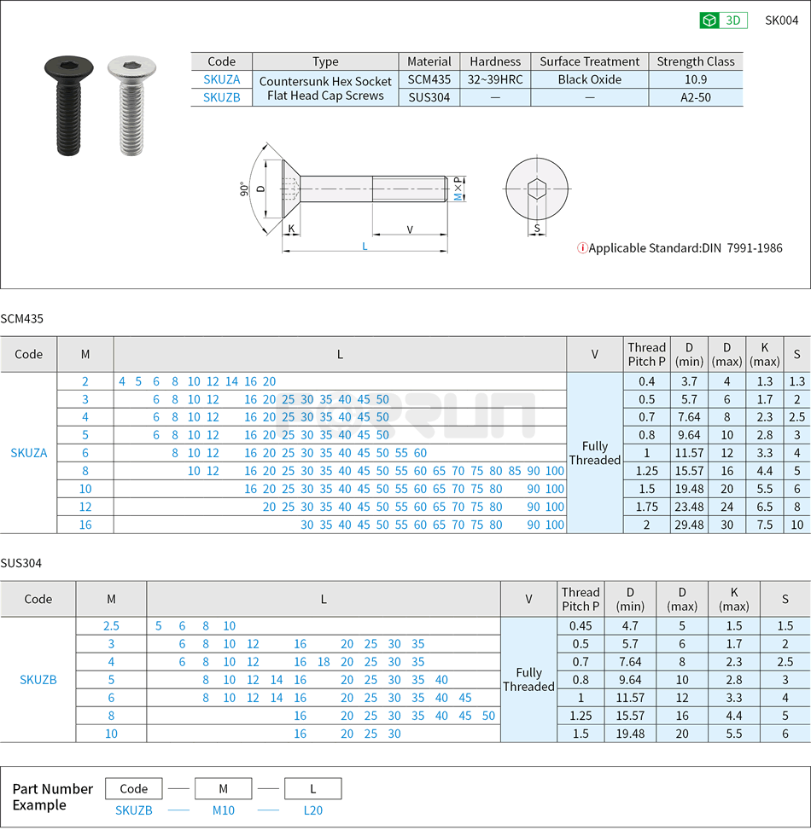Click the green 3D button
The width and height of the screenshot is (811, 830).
click(723, 20)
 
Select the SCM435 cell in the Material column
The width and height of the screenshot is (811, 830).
click(429, 79)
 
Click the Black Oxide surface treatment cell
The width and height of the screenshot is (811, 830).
click(589, 79)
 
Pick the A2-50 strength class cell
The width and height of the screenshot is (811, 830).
click(695, 97)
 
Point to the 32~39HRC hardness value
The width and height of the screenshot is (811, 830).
click(495, 79)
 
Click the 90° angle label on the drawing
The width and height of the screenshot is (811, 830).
click(244, 189)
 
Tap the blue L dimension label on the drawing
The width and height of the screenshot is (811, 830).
click(365, 246)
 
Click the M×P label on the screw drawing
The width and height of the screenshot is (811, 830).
click(458, 189)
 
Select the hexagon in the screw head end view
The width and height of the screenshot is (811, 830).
click(536, 189)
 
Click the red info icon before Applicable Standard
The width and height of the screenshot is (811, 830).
click(582, 248)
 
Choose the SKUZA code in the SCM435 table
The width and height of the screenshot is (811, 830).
click(29, 453)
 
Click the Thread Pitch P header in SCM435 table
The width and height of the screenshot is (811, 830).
click(646, 354)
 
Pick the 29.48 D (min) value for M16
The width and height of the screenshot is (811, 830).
click(689, 525)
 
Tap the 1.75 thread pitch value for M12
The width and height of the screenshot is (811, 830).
click(646, 507)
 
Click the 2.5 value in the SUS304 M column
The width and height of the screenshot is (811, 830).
click(111, 626)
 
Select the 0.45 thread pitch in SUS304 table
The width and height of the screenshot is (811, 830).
click(581, 626)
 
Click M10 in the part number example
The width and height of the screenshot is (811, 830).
click(223, 810)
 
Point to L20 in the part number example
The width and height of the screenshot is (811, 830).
click(313, 810)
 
